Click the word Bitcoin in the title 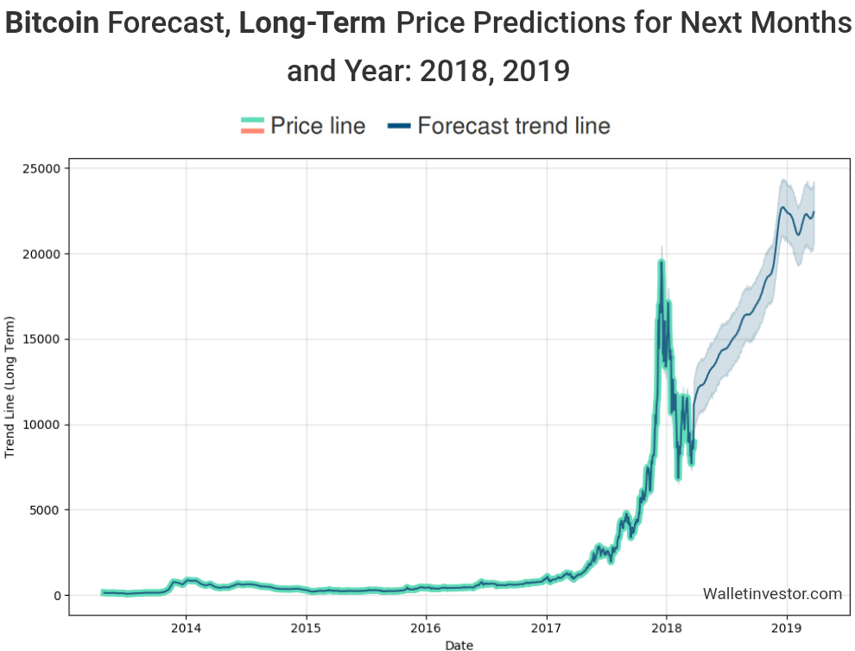[52, 24]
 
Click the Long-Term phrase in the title [312, 24]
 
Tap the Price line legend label [318, 126]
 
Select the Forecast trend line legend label [514, 126]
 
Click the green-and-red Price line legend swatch [251, 126]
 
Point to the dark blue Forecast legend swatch [399, 126]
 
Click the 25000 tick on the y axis [41, 168]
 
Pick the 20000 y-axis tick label [41, 254]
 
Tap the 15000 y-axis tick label [41, 339]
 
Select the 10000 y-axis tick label [41, 425]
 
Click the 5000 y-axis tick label [44, 510]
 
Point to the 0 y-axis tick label [58, 596]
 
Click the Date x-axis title [459, 644]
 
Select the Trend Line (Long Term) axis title [10, 387]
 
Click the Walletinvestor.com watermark [772, 593]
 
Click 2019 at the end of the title [535, 71]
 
